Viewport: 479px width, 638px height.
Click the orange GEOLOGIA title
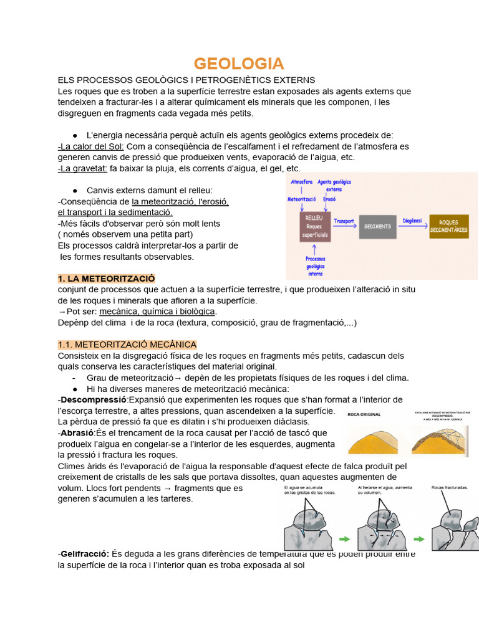click(x=239, y=64)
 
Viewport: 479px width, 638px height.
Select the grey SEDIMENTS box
click(x=377, y=227)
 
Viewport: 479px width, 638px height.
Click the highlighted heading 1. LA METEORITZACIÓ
click(x=106, y=278)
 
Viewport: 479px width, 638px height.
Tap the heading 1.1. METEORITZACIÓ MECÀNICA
click(x=127, y=345)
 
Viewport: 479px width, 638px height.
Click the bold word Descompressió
click(x=94, y=399)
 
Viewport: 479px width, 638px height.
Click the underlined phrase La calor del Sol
click(x=92, y=146)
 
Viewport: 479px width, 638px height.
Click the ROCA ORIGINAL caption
click(x=365, y=414)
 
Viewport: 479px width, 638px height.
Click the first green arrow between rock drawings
click(x=344, y=538)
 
